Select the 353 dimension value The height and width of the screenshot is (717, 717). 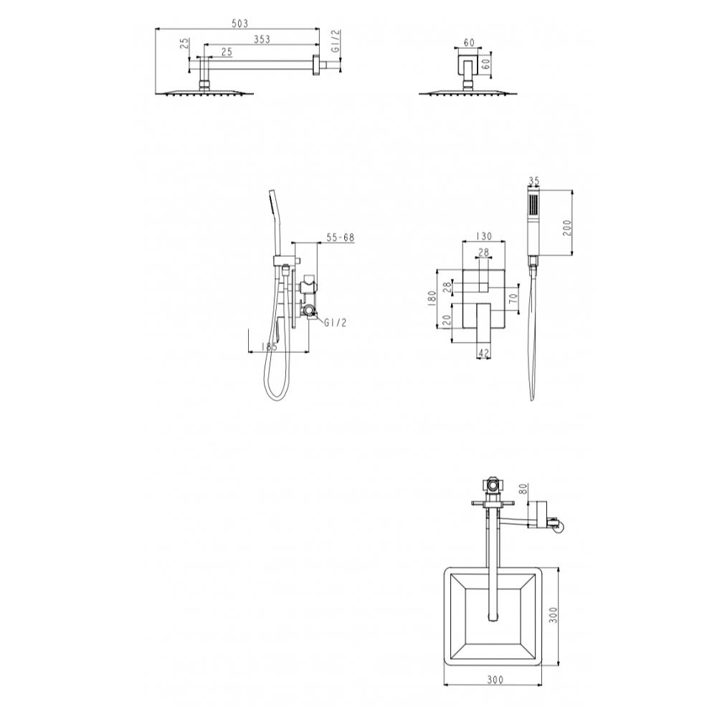pos(262,39)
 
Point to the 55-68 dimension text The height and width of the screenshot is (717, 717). pos(340,238)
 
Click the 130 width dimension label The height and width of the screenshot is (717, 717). pos(483,236)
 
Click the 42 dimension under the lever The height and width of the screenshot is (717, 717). pos(483,353)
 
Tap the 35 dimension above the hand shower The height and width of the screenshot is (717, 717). pos(533,181)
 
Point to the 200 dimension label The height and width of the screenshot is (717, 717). pos(567,227)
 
